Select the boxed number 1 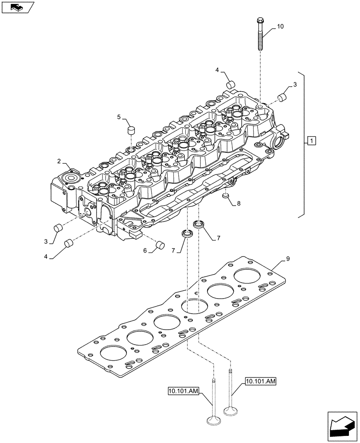pos(312,141)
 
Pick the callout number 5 pos(118,117)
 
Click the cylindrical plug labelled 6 pos(160,245)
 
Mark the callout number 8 pos(239,204)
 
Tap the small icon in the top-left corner pos(18,7)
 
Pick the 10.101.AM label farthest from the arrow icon pos(184,390)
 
